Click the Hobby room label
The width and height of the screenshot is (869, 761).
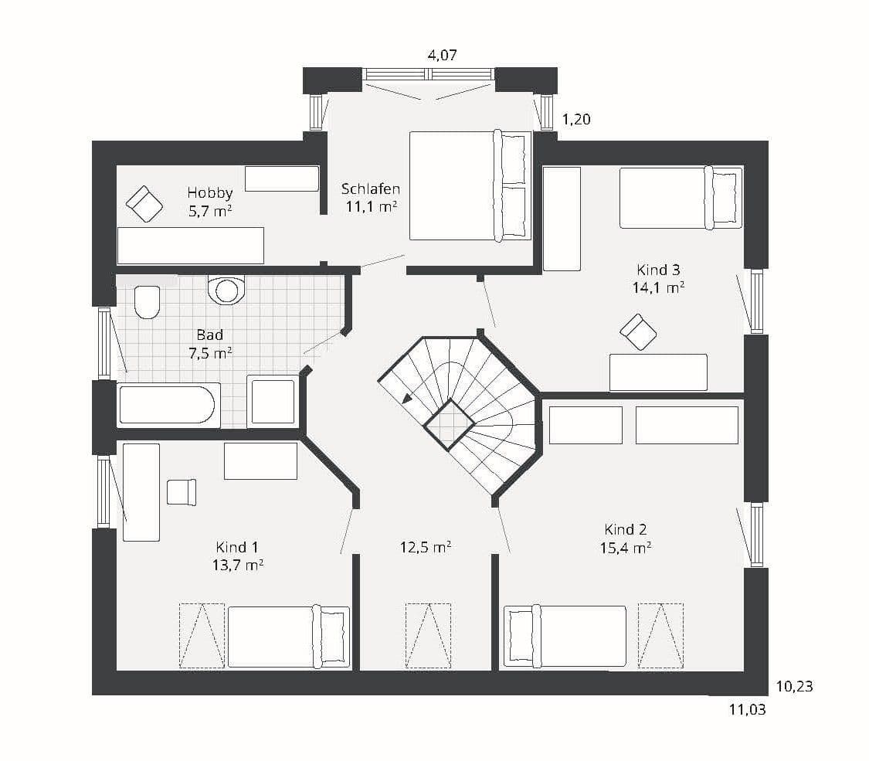point(209,193)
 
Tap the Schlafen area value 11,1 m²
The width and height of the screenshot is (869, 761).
point(372,207)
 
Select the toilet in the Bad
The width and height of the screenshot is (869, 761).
point(147,302)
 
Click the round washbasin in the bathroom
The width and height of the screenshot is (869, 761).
point(226,289)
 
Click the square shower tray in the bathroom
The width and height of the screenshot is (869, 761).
point(272,401)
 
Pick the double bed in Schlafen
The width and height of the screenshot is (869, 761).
point(470,185)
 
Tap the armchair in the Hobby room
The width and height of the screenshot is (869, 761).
point(144,204)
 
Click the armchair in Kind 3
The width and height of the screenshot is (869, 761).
point(638,332)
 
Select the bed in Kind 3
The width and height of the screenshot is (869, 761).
point(681,197)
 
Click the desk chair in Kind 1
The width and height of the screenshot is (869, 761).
point(182,492)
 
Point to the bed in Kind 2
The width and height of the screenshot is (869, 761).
point(565,636)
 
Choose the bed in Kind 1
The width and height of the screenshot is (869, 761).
point(289,637)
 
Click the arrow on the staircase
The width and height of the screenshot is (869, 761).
point(407,397)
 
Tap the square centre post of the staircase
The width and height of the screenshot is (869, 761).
point(450,426)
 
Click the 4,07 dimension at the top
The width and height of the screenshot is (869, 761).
point(443,55)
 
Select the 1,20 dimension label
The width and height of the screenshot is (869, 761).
point(576,119)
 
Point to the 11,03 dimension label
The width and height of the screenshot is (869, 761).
point(747,709)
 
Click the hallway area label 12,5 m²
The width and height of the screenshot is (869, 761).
point(426,548)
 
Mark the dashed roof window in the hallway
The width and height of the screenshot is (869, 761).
point(428,636)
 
